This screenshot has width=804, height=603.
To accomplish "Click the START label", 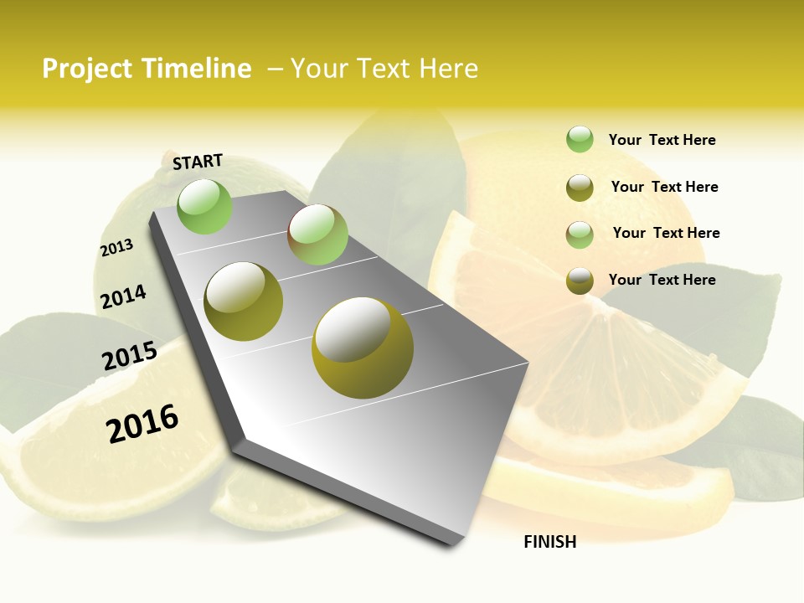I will tap(198, 162).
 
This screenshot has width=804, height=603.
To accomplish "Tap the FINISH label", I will tap(550, 542).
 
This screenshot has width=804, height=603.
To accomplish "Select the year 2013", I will tap(116, 248).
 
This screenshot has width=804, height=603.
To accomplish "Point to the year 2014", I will tap(123, 297).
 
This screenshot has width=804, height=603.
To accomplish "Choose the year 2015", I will tap(130, 356).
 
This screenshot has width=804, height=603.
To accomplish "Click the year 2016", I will tap(142, 423).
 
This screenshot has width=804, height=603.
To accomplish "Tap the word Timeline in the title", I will tap(197, 69).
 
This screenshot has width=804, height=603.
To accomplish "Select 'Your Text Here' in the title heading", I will tap(384, 69).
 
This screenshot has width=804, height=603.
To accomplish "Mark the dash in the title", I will tap(275, 69).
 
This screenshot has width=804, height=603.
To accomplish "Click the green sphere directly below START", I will tap(204, 206).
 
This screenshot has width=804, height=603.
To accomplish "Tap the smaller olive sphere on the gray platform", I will tap(244, 301).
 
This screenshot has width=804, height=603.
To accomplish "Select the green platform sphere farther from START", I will tap(317, 234).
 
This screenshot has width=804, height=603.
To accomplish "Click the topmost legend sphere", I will tap(580, 139).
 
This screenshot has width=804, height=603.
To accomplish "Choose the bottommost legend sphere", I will tap(580, 281).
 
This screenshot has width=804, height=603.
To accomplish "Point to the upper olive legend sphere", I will tap(580, 188).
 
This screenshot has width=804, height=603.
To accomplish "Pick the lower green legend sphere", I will tap(580, 234).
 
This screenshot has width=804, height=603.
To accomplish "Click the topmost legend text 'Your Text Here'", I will tap(662, 140).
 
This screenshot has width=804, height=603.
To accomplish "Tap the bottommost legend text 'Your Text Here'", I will tap(662, 280).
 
